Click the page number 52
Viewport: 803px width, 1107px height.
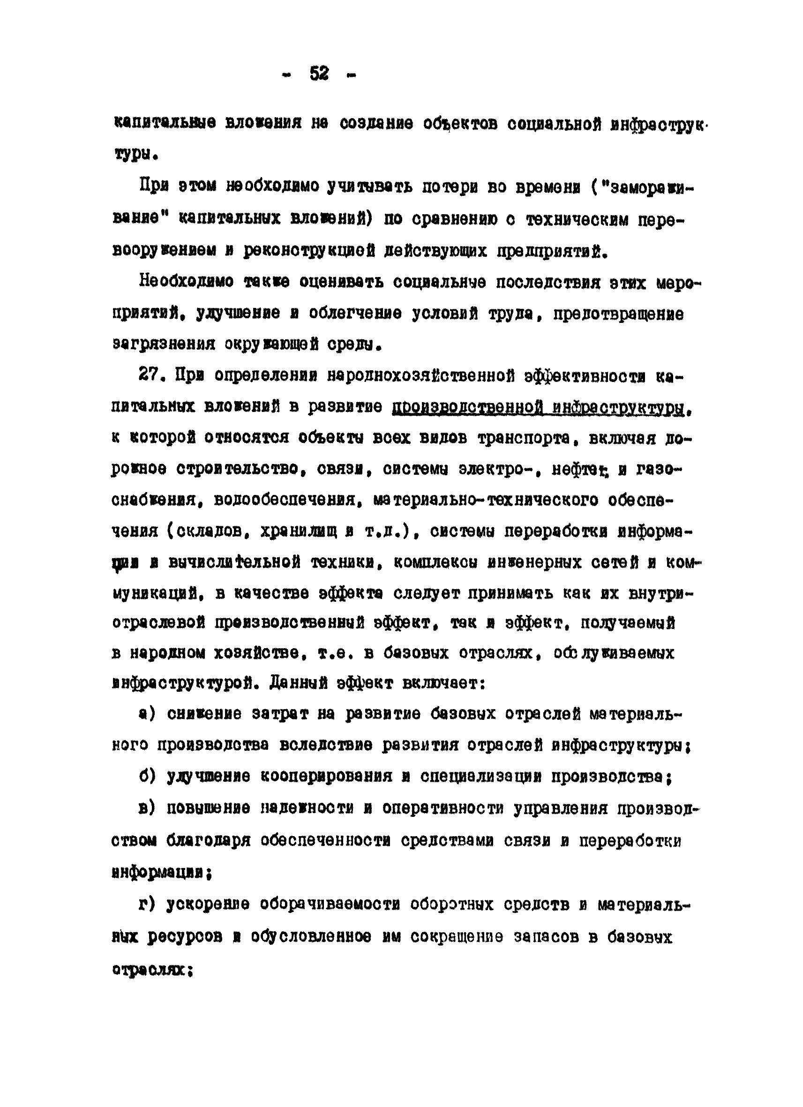point(319,74)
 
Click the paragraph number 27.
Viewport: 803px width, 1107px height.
point(150,376)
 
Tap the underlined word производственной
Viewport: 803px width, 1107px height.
point(465,407)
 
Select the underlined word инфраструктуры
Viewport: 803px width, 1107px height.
point(617,407)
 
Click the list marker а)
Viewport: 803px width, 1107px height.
point(146,714)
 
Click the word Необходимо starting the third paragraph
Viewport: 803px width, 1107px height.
point(187,282)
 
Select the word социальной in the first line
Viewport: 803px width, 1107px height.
point(553,124)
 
